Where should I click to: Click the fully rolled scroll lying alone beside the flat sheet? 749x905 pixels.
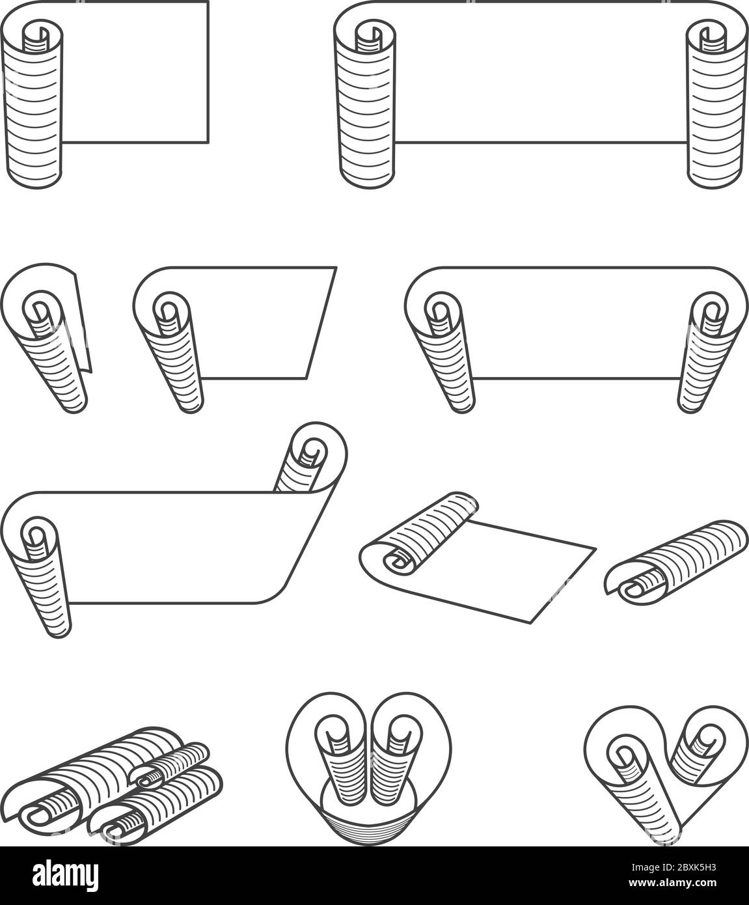tap(675, 562)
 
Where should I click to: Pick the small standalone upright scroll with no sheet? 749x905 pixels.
tap(46, 338)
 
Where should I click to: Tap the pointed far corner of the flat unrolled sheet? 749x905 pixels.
tap(596, 549)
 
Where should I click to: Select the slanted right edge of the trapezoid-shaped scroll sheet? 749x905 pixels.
tap(321, 323)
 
